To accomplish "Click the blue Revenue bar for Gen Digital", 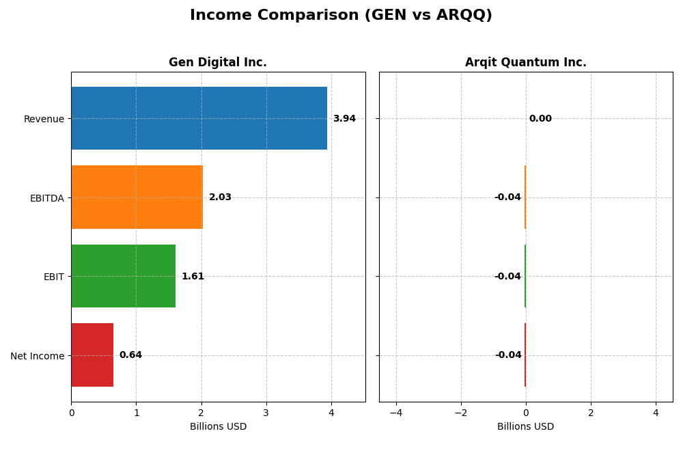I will point(199,118).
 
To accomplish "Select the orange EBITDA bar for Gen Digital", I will point(137,197).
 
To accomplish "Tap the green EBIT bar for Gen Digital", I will point(123,276).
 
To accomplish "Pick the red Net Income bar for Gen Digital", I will point(92,355).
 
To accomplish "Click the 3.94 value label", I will point(344,119).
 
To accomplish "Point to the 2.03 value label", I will point(220,197).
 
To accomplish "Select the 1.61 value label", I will point(193,277).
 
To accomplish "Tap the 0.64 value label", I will point(130,355).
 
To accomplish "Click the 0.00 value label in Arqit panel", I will point(540,119).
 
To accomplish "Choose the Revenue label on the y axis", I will point(44,120).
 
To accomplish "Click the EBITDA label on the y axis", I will point(46,198).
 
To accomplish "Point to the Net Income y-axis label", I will point(38,356).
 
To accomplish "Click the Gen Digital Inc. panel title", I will point(218,63).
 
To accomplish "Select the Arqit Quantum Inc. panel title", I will point(525,63).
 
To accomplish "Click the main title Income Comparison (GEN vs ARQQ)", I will point(341,16).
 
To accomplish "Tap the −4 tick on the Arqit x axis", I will point(396,413).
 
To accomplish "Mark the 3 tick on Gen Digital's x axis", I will point(266,413).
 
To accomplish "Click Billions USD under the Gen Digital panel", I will point(218,427).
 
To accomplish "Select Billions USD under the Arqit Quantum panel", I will point(525,427).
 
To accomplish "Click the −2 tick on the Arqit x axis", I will point(461,413).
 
